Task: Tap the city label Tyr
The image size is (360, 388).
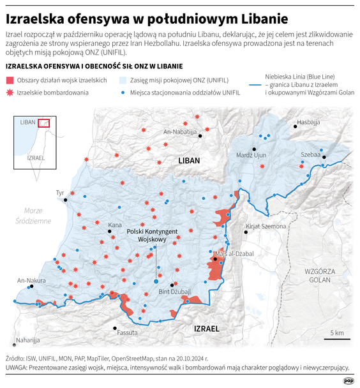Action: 61,192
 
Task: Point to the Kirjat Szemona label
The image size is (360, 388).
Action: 266,227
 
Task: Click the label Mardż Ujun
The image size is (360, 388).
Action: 251,155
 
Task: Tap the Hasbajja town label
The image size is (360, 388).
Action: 308,121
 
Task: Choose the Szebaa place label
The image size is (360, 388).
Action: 310,155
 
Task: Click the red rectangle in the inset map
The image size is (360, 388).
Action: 43,123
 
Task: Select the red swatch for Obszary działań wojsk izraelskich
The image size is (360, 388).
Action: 10,80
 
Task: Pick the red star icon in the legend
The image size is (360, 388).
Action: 10,93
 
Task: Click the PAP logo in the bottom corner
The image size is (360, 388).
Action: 349,380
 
